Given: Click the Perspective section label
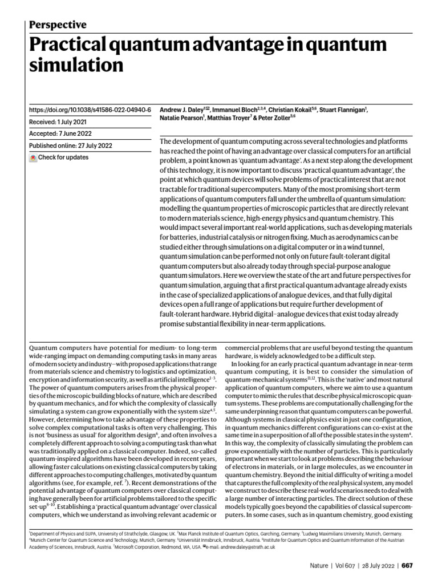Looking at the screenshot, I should [57, 25].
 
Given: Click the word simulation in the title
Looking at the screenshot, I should [75, 65].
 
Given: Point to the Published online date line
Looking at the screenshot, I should [70, 145].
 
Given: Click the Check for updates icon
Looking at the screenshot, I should [33, 157].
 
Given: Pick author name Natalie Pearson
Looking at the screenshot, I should [180, 119].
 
